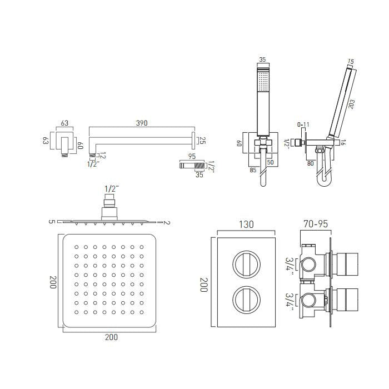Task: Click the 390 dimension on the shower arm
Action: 142,123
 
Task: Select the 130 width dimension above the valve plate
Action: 246,225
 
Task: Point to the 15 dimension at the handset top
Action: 351,62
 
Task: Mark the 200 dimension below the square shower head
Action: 111,337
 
